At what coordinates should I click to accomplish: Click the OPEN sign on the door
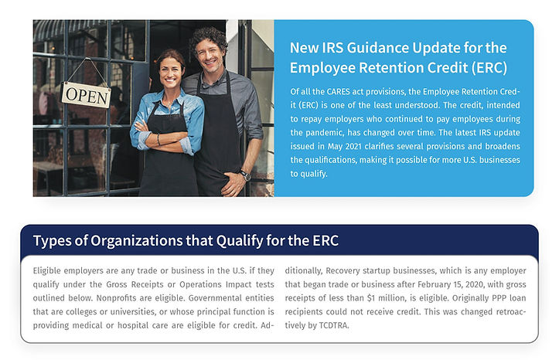pyautogui.click(x=87, y=95)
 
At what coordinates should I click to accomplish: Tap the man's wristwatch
pyautogui.click(x=245, y=175)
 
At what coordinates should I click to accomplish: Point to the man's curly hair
pyautogui.click(x=208, y=40)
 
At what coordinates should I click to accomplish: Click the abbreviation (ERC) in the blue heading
pyautogui.click(x=489, y=68)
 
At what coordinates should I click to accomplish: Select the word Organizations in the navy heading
pyautogui.click(x=137, y=241)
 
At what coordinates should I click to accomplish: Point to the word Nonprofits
pyautogui.click(x=114, y=298)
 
